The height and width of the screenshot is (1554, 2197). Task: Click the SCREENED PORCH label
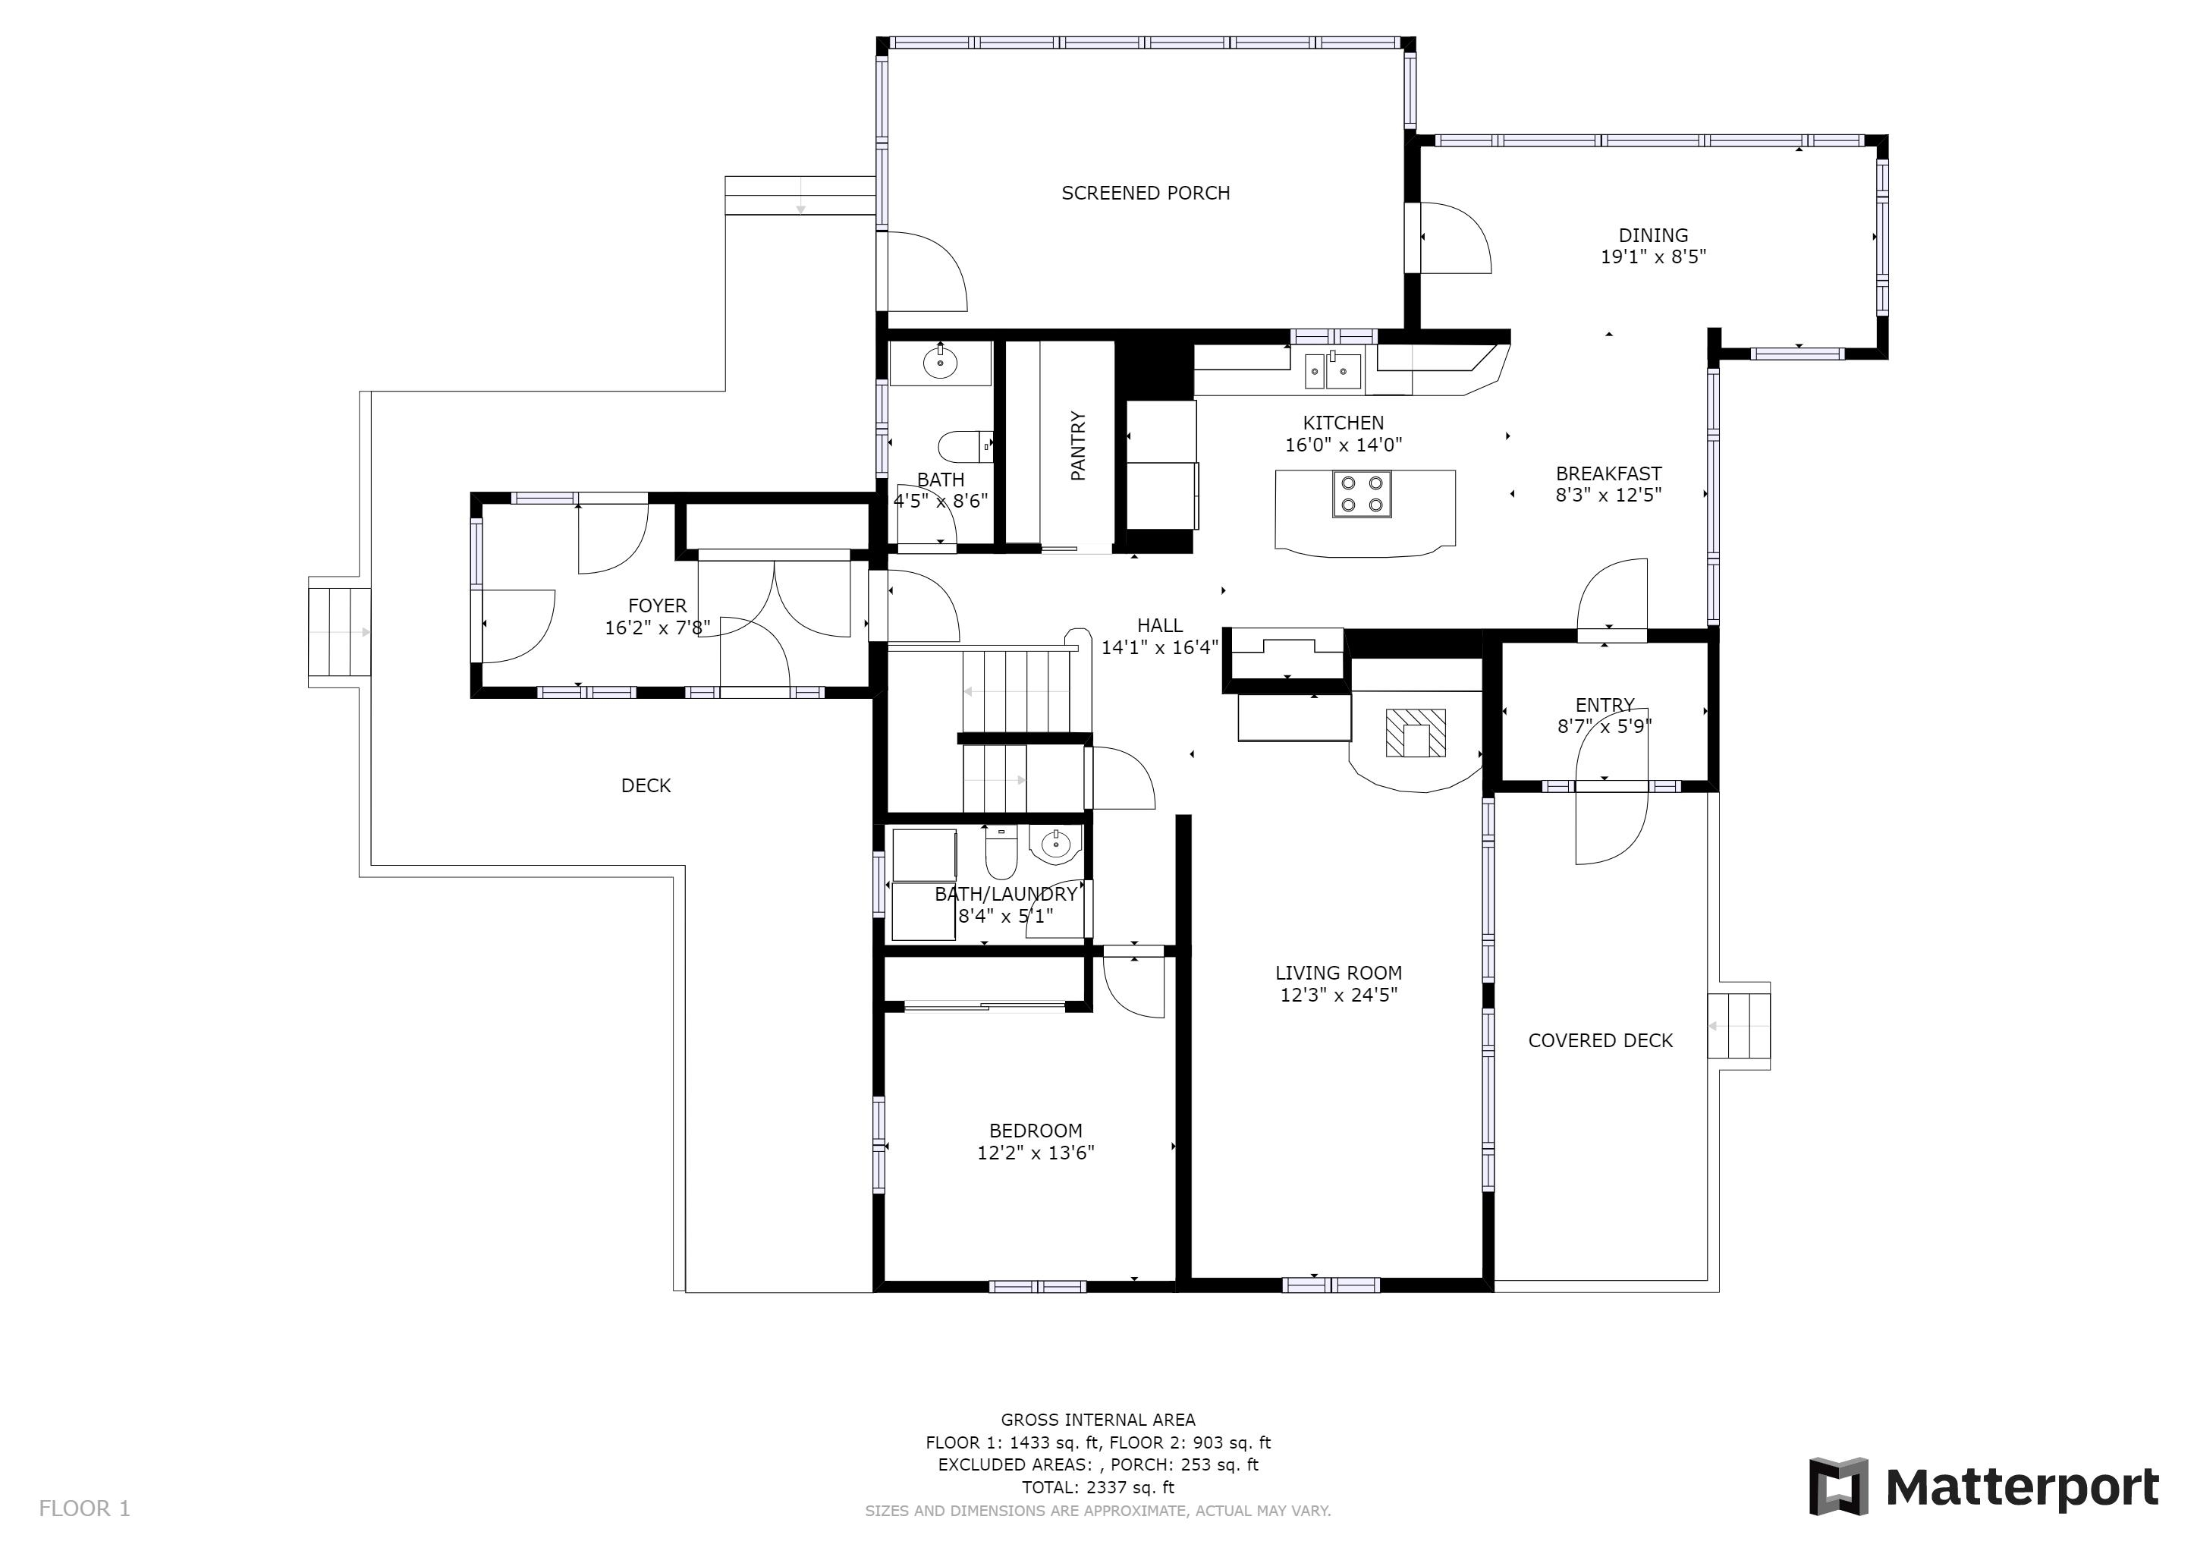[x=1146, y=193]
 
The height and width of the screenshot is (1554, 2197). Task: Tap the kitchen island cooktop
[x=1362, y=495]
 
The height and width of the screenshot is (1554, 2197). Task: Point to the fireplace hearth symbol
[x=1415, y=733]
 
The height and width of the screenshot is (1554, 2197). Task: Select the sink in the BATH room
[x=940, y=363]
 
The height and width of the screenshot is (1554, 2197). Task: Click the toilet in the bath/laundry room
[x=1000, y=851]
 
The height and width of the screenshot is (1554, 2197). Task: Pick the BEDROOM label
[x=1036, y=1131]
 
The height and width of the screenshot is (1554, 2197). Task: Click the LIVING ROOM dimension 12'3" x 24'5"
[x=1339, y=996]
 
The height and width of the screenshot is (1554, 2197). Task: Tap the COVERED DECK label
[x=1600, y=1041]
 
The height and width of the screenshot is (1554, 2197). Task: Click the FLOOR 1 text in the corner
[x=84, y=1509]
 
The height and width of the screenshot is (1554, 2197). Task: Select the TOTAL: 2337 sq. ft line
[x=1098, y=1488]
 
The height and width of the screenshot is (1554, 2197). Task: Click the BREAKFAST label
[x=1608, y=473]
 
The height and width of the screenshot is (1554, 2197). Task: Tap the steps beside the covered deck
[x=1740, y=1026]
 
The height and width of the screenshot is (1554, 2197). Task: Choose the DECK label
[x=646, y=785]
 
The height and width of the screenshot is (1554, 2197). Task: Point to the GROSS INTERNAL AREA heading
[x=1098, y=1420]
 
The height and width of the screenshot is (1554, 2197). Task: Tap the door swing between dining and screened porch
[x=1464, y=230]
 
